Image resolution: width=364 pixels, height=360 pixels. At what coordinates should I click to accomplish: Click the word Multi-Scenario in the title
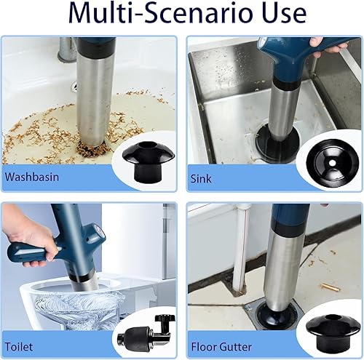[x=159, y=12]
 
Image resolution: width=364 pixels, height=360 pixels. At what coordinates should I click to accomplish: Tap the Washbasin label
[x=32, y=177]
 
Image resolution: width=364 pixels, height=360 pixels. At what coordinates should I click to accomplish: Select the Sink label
[x=201, y=179]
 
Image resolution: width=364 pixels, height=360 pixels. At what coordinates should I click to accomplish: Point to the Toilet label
[x=19, y=346]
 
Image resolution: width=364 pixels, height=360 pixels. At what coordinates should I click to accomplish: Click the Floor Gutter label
[x=221, y=347]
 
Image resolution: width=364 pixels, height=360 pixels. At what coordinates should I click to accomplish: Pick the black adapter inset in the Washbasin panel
[x=149, y=161]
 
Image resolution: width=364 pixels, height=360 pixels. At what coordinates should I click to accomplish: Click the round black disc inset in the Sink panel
[x=332, y=163]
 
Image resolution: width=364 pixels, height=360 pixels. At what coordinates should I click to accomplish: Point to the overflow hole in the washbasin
[x=75, y=85]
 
